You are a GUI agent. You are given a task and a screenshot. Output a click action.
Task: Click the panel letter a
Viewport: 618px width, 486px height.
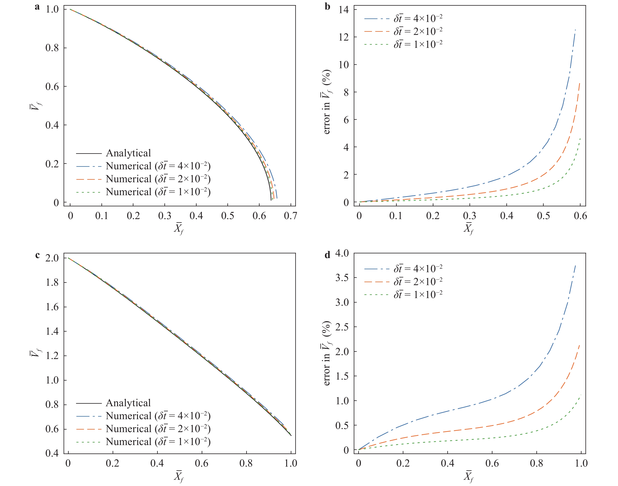click(37, 7)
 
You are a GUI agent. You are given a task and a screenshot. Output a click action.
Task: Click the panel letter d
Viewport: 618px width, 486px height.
click(327, 255)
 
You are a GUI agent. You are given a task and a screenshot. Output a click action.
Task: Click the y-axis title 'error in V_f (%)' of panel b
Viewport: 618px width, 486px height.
click(327, 102)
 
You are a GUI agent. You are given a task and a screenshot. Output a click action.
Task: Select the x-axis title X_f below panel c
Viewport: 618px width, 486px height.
click(179, 477)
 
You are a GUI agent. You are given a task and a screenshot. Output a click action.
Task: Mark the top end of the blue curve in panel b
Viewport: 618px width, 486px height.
click(575, 30)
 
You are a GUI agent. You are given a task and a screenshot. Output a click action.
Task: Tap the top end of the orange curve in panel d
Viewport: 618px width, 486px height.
click(580, 345)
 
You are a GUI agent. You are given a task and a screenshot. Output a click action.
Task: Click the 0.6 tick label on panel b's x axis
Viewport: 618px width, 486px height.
click(580, 216)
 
